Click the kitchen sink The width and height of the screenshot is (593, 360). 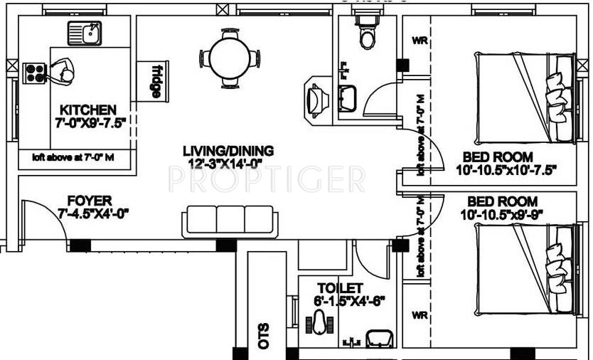click(x=85, y=33)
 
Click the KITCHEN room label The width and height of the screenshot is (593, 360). click(x=87, y=110)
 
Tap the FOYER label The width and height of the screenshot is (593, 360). click(x=89, y=201)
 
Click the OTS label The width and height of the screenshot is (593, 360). click(x=264, y=339)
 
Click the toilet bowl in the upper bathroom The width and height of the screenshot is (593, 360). click(x=367, y=36)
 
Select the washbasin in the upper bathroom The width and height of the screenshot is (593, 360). click(x=348, y=96)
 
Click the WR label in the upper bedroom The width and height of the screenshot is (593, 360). click(x=420, y=41)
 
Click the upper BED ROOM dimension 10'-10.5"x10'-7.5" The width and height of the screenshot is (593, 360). click(x=506, y=170)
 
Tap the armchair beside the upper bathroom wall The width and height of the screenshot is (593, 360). click(x=316, y=95)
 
